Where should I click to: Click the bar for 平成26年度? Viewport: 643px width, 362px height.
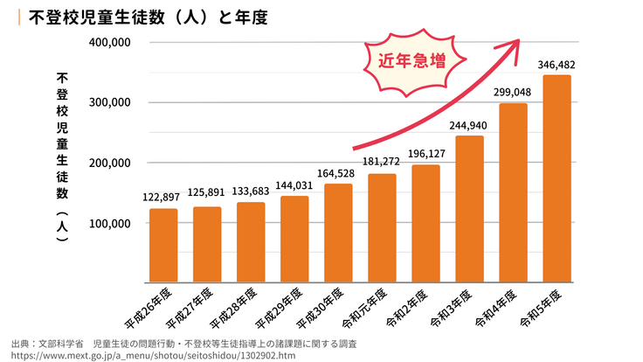click(x=163, y=246)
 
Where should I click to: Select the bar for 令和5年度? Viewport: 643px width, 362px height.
click(x=557, y=179)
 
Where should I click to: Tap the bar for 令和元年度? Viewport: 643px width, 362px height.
click(x=382, y=228)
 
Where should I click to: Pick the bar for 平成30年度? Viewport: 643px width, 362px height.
click(x=338, y=233)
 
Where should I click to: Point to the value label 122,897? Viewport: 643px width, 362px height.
click(x=163, y=198)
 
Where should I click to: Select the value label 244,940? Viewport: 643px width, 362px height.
click(x=469, y=126)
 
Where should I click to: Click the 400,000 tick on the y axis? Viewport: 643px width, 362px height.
click(x=109, y=42)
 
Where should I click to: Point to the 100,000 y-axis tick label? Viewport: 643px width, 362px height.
click(x=109, y=223)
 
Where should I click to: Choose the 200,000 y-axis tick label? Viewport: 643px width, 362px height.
click(x=109, y=163)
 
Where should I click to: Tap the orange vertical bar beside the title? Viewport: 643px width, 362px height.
click(x=19, y=17)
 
